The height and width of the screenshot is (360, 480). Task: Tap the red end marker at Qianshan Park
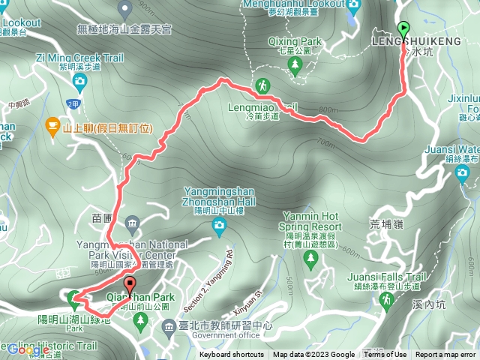129,286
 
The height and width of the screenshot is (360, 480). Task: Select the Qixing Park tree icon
295,67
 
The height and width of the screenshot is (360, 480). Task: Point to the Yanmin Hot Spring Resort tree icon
310,259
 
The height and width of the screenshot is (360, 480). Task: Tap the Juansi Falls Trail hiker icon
386,300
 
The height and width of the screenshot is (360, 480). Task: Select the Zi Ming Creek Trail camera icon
79,80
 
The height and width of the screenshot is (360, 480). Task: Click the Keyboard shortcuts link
231,355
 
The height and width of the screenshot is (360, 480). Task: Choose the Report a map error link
445,355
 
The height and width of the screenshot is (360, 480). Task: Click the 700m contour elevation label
325,142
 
